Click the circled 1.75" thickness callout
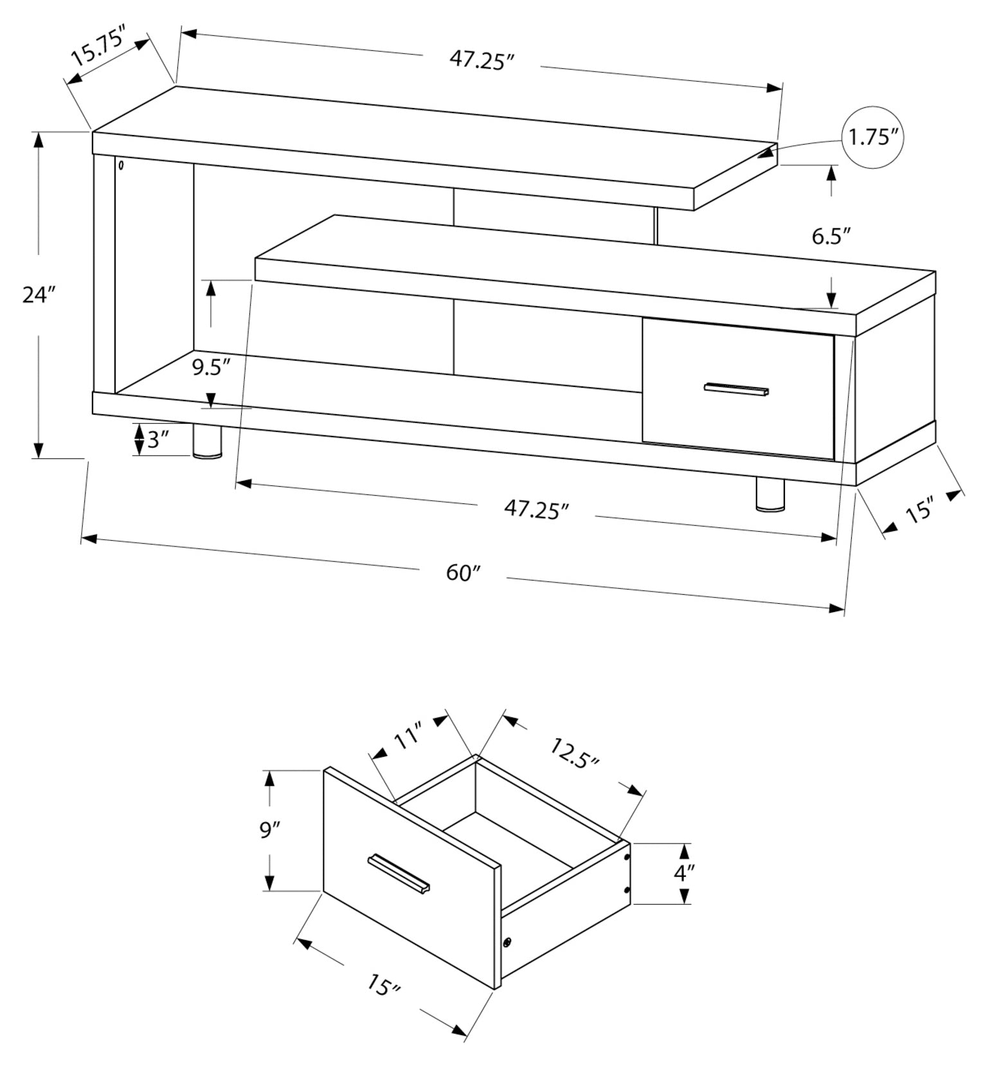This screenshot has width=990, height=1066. click(x=872, y=137)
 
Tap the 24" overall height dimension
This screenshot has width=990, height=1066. click(x=40, y=295)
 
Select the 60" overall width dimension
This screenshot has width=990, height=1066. click(x=464, y=572)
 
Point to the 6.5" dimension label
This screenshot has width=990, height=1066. click(x=831, y=237)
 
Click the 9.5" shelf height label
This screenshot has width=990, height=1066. click(x=211, y=367)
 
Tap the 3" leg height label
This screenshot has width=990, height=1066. click(x=157, y=440)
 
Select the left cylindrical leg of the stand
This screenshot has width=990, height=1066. click(x=207, y=441)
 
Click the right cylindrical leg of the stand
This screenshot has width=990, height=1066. click(x=770, y=495)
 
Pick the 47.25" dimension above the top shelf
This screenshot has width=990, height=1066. click(x=482, y=60)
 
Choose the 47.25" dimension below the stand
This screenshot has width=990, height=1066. click(x=537, y=509)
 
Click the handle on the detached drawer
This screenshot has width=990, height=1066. click(x=399, y=873)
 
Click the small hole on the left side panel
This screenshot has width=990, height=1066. click(x=121, y=165)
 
